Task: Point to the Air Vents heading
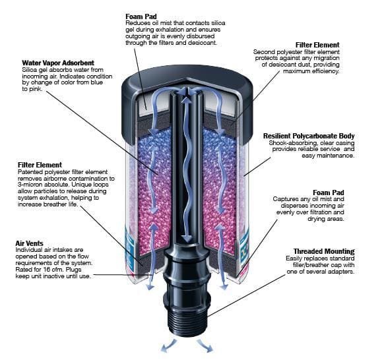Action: click(29, 243)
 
